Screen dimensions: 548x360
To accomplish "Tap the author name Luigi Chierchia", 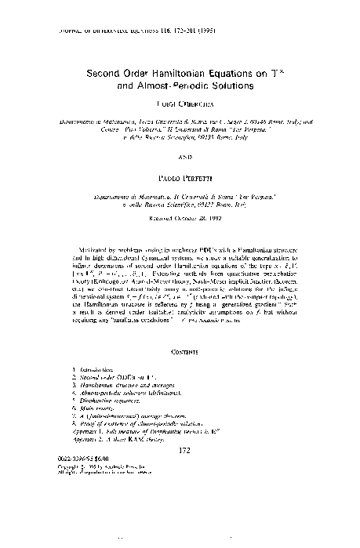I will [x=180, y=103].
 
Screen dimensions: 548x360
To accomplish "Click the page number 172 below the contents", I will [x=180, y=473].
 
